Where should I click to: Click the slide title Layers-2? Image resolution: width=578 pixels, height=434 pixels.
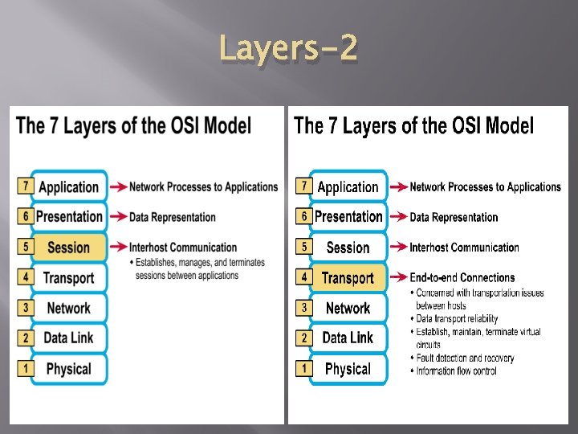pos(288,51)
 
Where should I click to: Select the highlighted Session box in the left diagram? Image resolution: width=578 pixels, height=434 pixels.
pos(68,248)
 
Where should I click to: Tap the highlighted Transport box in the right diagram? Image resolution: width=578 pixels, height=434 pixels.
pos(348,278)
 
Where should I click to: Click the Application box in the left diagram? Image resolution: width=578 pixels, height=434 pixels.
pos(68,186)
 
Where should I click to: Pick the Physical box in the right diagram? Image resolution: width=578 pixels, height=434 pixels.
pos(348,369)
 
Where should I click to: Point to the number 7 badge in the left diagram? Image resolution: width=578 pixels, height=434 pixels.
pos(25,186)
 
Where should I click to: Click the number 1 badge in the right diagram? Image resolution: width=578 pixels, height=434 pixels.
pos(304,368)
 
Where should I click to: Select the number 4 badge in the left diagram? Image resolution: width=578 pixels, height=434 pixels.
pos(25,277)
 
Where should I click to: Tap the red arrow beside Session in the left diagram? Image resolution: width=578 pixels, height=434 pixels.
pos(118,247)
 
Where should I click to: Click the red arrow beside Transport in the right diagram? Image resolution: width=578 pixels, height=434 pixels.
pos(398,278)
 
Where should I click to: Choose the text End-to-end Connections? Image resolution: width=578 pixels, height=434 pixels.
pos(462,278)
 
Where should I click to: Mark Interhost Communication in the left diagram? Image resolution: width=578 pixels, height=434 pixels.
pos(183,248)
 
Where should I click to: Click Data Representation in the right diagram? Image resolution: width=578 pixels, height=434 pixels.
pos(454,217)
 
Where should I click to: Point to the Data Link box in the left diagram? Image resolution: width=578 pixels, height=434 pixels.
pos(68,338)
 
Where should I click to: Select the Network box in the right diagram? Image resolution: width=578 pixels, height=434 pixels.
pos(348,308)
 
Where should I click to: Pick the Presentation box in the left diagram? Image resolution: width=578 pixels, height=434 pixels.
pos(69,216)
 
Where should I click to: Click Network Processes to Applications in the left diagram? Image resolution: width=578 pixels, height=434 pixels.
pos(203,186)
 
